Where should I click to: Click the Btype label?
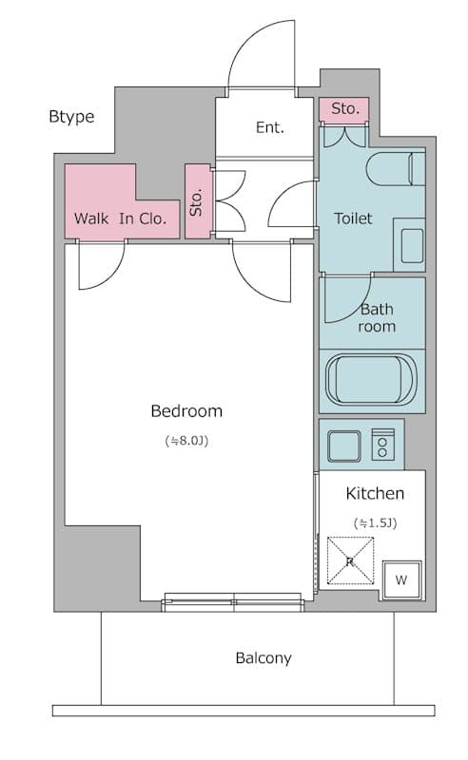tap(71, 117)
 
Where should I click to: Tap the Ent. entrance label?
tap(269, 127)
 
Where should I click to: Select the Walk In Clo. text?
tap(120, 218)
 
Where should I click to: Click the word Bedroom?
tap(186, 411)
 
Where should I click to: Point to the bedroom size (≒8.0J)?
tap(186, 441)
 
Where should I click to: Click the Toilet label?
tap(353, 218)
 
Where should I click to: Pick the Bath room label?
tap(377, 317)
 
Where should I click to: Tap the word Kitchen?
tap(374, 494)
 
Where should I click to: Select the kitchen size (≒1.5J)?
tap(374, 522)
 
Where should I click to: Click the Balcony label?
tap(263, 657)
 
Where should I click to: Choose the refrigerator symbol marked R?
tap(350, 561)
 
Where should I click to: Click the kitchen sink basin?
tap(343, 445)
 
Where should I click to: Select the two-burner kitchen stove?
tap(383, 445)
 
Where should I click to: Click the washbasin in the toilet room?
tap(413, 245)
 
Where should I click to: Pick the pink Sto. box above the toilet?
tap(344, 109)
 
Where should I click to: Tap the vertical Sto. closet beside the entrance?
tap(197, 201)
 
